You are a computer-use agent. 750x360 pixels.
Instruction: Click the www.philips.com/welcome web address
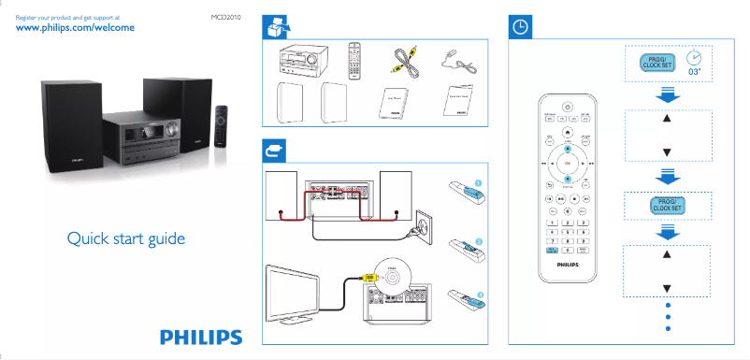(x=77, y=29)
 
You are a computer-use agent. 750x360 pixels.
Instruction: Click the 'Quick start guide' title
(x=126, y=238)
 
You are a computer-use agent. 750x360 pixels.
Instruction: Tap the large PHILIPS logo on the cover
(x=200, y=337)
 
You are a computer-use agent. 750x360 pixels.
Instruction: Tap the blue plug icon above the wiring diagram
(x=272, y=149)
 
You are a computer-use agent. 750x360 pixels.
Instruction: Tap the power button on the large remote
(x=567, y=105)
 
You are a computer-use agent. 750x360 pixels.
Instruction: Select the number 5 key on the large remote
(x=568, y=232)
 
